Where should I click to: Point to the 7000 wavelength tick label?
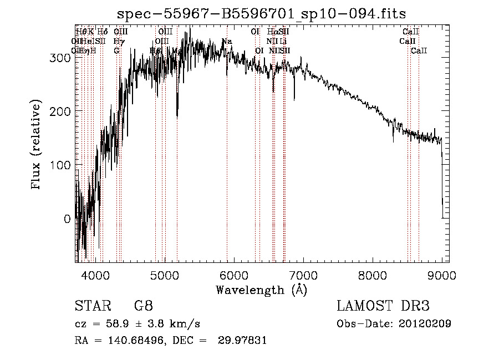[x=303, y=275]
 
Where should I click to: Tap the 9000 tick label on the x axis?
[x=442, y=275]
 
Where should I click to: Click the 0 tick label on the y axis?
[x=68, y=219]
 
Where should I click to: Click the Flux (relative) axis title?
[x=37, y=145]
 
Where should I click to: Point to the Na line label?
[x=226, y=42]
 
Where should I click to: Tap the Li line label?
[x=283, y=42]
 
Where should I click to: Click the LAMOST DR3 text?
[x=383, y=306]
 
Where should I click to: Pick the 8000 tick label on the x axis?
[x=373, y=275]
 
